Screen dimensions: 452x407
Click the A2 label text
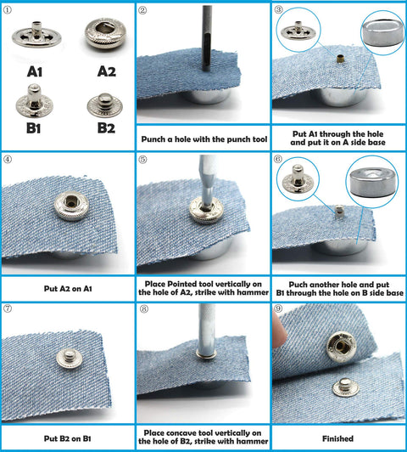(105, 71)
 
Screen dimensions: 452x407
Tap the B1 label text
(32, 128)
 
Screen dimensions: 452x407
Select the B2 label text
(105, 128)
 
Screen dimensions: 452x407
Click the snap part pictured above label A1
(36, 36)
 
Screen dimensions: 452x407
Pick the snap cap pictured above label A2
(104, 36)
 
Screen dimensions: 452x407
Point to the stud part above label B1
(32, 104)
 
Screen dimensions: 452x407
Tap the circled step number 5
(142, 159)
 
